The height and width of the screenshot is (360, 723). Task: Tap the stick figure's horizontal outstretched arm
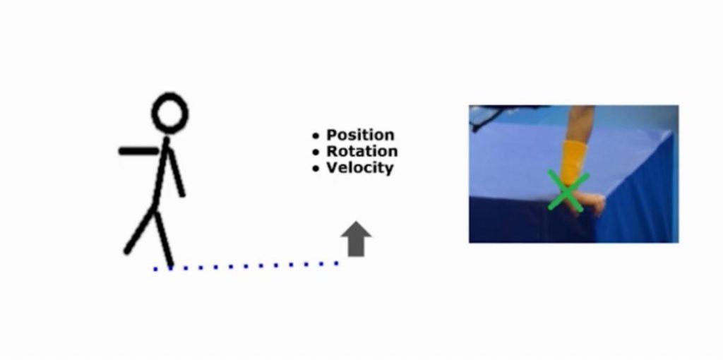[x=139, y=151]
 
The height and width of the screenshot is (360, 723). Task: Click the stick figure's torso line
[x=161, y=173]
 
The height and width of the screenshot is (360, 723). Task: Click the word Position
[x=361, y=135]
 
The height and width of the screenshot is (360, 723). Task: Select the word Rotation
[x=362, y=151]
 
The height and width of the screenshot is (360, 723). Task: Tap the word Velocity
[x=360, y=168]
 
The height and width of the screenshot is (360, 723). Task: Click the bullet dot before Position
[x=316, y=136]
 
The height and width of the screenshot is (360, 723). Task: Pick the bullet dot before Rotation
[x=316, y=152]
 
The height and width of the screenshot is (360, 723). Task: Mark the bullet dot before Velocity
[x=316, y=169]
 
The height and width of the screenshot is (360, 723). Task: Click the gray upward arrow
[x=356, y=239]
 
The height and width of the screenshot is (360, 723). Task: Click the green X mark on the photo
[x=568, y=191]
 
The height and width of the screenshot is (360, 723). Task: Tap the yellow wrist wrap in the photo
[x=573, y=162]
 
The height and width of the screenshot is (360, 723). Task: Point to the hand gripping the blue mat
[x=588, y=203]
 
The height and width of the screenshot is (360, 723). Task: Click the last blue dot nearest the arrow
[x=337, y=263]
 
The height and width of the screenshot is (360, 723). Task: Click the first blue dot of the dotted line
[x=155, y=269]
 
